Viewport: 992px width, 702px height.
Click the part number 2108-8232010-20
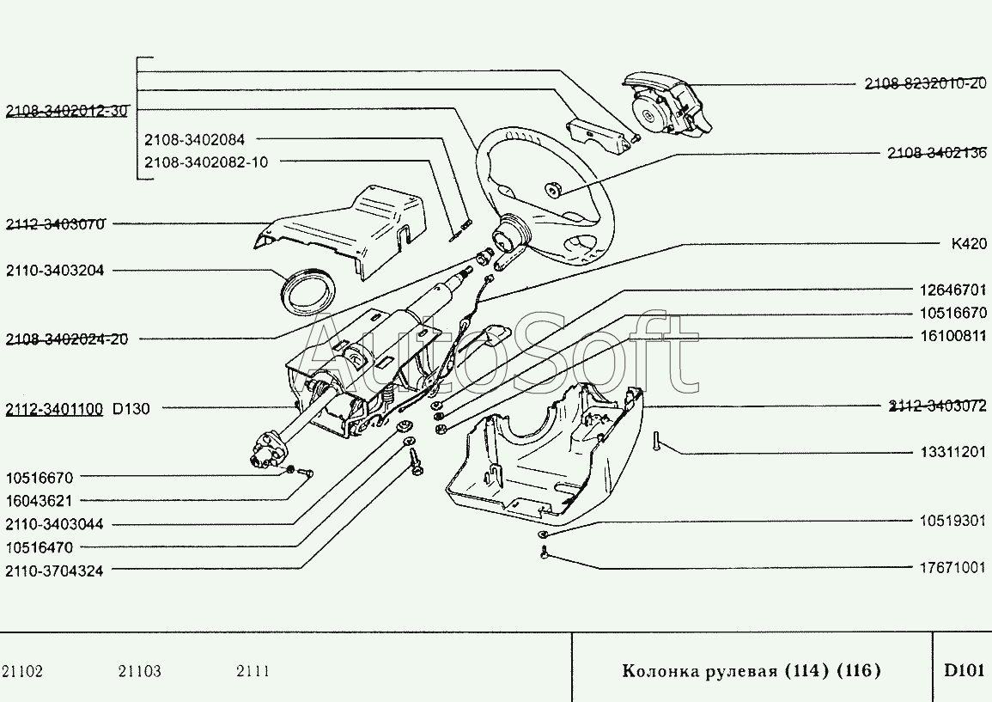(x=925, y=83)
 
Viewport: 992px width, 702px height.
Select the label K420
(x=969, y=243)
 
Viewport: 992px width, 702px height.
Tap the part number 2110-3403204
(x=55, y=270)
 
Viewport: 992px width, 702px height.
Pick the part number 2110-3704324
(x=54, y=571)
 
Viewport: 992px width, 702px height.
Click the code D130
(x=131, y=409)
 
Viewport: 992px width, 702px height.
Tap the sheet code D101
(x=963, y=670)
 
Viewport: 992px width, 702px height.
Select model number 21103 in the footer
(x=139, y=671)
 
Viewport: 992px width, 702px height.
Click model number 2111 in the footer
(x=253, y=671)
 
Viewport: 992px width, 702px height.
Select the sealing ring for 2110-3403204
(x=309, y=290)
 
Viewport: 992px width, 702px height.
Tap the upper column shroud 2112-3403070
(x=352, y=228)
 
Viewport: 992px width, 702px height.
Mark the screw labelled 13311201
(x=655, y=442)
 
